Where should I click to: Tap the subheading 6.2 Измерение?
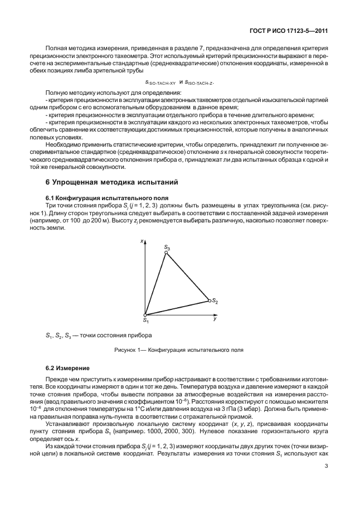64,368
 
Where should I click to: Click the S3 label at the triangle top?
167,246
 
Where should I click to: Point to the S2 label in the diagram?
215,302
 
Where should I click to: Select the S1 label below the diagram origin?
145,321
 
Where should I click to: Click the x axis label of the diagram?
143,241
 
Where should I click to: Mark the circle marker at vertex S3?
166,253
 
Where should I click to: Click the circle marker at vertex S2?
210,300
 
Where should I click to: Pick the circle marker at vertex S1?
146,316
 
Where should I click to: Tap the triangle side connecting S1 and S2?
178,308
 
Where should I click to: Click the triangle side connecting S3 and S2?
188,277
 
